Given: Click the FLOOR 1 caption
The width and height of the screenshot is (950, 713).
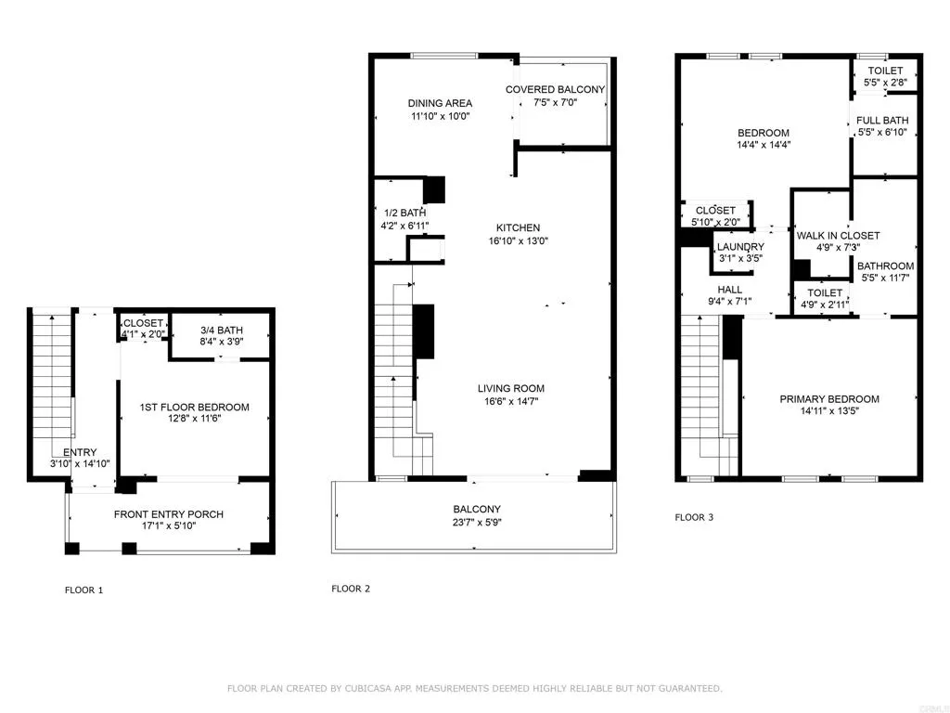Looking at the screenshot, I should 83,590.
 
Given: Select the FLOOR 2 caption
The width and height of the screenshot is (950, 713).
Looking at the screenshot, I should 351,588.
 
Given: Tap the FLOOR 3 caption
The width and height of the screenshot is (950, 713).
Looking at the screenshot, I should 694,517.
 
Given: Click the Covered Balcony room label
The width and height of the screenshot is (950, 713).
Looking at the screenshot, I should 555,90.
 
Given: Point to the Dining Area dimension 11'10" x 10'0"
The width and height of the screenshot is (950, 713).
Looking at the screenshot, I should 441,117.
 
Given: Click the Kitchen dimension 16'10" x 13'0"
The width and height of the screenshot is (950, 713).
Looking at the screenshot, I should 518,241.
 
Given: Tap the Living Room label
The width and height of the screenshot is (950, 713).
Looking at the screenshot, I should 510,388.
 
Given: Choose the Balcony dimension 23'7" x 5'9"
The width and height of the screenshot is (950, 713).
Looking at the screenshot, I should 477,523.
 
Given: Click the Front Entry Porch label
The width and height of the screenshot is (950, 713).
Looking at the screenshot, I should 169,514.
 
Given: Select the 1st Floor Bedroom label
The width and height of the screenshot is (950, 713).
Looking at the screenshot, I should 195,407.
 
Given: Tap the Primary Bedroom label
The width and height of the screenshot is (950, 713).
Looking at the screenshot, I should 828,399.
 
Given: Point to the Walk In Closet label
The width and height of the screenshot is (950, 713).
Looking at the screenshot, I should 838,236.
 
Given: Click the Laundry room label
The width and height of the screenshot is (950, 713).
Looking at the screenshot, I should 740,246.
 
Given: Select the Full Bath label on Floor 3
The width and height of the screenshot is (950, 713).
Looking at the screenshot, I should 882,120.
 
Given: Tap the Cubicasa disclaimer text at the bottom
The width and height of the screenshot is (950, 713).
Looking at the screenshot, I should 474,688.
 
